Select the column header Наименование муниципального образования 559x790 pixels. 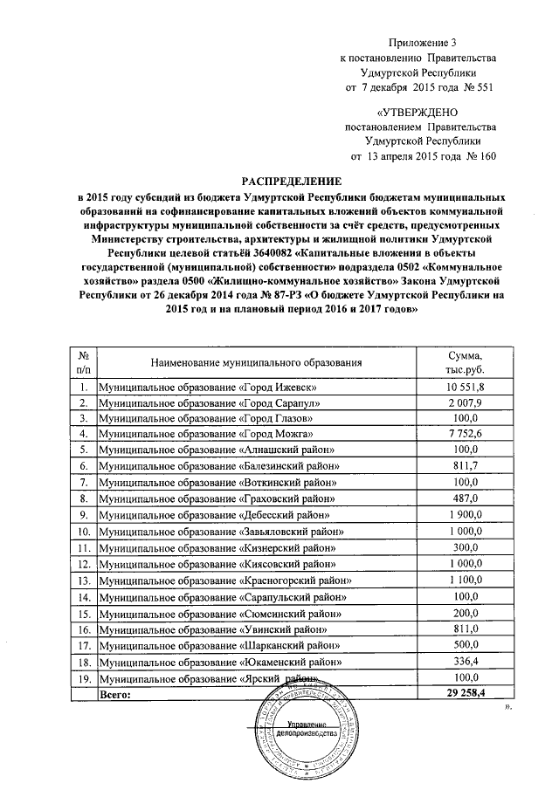[x=255, y=361]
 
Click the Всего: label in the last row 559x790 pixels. [x=115, y=694]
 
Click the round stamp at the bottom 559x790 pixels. [x=308, y=729]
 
